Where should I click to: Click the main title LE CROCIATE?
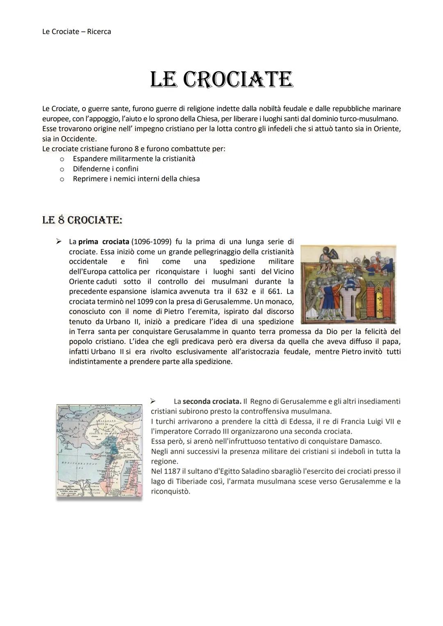coord(221,80)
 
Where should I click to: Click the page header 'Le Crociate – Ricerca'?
coord(77,32)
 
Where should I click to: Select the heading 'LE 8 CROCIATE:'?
coord(82,220)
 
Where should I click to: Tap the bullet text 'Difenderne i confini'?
coord(105,169)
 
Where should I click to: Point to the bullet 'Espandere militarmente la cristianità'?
coord(134,159)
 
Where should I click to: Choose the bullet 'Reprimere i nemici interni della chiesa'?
coord(136,179)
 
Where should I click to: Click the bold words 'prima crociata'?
coord(103,241)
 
